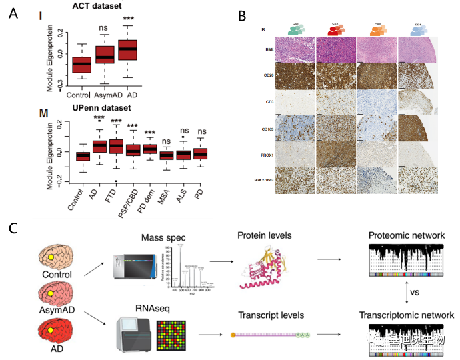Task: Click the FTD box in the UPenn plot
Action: click(116, 145)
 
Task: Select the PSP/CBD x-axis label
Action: click(129, 188)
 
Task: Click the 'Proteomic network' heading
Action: click(407, 236)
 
